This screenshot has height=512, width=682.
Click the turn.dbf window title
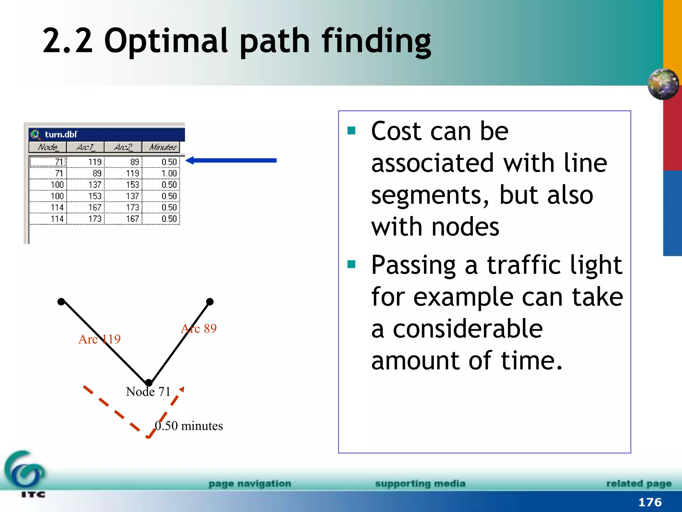pyautogui.click(x=61, y=134)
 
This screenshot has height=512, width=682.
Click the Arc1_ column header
pyautogui.click(x=85, y=147)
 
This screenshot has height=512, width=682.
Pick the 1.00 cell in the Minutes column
pyautogui.click(x=169, y=173)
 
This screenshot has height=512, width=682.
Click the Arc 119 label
pyautogui.click(x=99, y=339)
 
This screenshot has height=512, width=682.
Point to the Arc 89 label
pyautogui.click(x=199, y=328)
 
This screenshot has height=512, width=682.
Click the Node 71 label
pyautogui.click(x=148, y=392)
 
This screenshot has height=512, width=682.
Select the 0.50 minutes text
pyautogui.click(x=189, y=426)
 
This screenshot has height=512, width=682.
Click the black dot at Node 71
pyautogui.click(x=149, y=383)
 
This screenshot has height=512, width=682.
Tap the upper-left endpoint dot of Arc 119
pyautogui.click(x=61, y=302)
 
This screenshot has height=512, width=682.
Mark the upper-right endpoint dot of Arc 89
pyautogui.click(x=210, y=302)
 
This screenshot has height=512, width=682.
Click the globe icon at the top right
pyautogui.click(x=663, y=84)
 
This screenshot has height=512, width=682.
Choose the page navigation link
pyautogui.click(x=250, y=483)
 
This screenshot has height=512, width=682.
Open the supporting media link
pyautogui.click(x=420, y=483)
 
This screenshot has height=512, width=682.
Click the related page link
pyautogui.click(x=638, y=483)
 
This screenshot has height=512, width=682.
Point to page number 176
pyautogui.click(x=650, y=502)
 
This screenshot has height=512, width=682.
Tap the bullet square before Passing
pyautogui.click(x=351, y=265)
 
